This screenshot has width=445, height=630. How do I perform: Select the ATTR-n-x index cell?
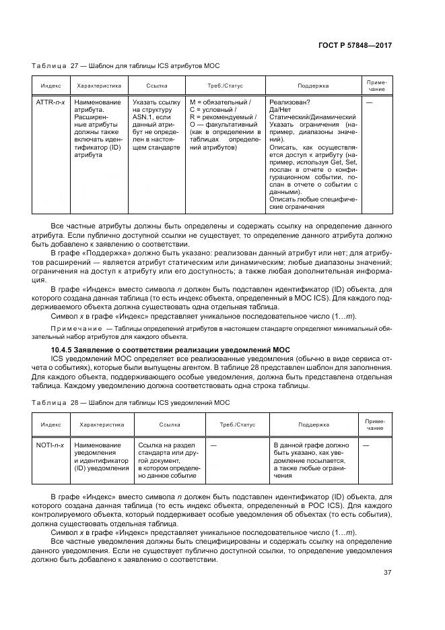[x=50, y=102]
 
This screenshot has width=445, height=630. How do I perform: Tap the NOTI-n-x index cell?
[x=50, y=445]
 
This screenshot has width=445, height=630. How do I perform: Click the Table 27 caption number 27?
[x=75, y=65]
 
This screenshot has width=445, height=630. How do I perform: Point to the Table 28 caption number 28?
[x=75, y=402]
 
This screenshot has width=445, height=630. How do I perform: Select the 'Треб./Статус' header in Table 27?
[x=224, y=86]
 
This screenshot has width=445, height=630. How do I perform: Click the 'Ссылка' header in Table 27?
[x=157, y=86]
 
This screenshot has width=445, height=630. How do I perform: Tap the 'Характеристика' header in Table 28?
[x=102, y=425]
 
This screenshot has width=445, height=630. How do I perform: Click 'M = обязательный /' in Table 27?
[x=220, y=102]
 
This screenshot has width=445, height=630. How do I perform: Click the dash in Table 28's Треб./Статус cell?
[x=213, y=445]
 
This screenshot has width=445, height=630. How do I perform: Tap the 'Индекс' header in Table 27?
[x=51, y=86]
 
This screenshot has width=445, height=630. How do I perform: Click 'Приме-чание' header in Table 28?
[x=376, y=424]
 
